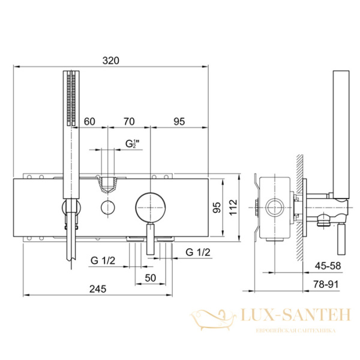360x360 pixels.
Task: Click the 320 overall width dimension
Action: coord(110,61)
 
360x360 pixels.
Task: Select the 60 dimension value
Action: coord(89,121)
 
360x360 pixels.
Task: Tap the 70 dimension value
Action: coord(129,121)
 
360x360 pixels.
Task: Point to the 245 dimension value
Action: coord(98,289)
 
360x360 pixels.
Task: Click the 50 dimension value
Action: coord(151,278)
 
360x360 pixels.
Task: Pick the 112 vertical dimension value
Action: coord(233,207)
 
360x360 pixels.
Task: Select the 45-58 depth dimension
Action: coord(328,266)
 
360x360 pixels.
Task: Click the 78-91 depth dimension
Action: coord(326,284)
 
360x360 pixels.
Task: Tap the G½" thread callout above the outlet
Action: coord(133,144)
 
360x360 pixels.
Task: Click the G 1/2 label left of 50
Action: coord(103,260)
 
